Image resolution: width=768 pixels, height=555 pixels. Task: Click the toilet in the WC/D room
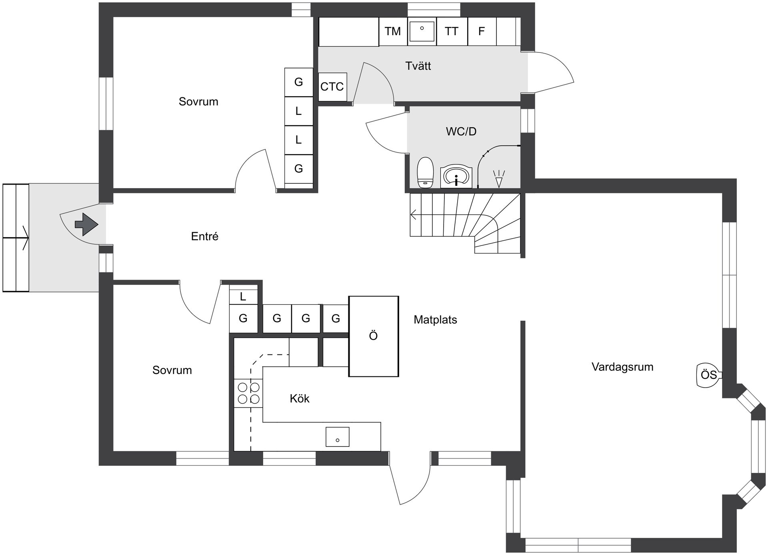[425, 173]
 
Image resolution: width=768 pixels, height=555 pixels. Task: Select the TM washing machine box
[393, 31]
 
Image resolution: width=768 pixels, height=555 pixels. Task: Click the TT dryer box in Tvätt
[452, 31]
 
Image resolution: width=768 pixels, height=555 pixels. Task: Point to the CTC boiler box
[332, 86]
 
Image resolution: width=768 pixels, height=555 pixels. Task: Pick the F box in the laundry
[482, 31]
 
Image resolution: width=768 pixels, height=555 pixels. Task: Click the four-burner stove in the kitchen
[248, 393]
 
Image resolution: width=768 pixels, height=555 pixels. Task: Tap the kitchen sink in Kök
[337, 436]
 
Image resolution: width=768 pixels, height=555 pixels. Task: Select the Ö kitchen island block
[374, 336]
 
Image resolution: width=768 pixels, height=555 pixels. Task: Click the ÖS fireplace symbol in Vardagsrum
[709, 375]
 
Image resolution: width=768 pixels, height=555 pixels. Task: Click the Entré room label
[205, 236]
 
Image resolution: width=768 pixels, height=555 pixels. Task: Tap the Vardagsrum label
[622, 367]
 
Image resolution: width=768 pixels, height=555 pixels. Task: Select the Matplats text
[435, 320]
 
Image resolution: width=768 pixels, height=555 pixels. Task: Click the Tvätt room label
[418, 66]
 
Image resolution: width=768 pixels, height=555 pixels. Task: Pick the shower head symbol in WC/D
[499, 179]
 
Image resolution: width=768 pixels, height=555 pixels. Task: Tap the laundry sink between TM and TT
[422, 31]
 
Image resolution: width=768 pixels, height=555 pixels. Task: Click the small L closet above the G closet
[243, 296]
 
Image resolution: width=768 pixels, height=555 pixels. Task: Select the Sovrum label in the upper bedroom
[198, 102]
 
